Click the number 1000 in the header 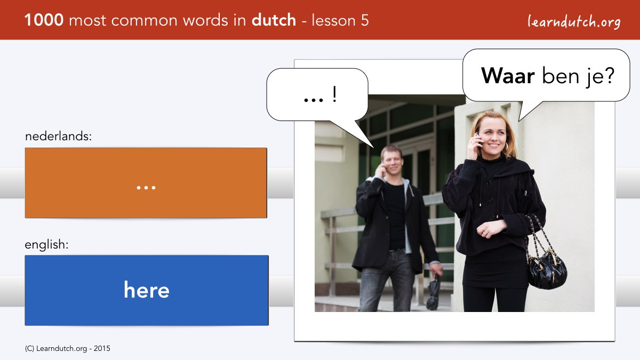(x=44, y=20)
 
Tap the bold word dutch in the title (x=274, y=20)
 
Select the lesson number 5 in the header (x=365, y=20)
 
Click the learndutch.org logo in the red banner (x=574, y=22)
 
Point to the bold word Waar (x=508, y=76)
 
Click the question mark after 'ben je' (x=610, y=75)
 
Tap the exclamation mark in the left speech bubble (x=334, y=94)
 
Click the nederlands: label (x=58, y=137)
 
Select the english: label (x=46, y=245)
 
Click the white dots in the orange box (x=146, y=188)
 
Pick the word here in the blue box (x=147, y=290)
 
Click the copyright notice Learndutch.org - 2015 (x=67, y=349)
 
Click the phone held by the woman (x=478, y=140)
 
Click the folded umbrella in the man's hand (x=434, y=291)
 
